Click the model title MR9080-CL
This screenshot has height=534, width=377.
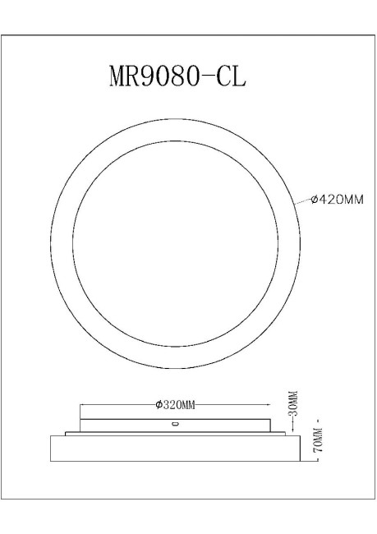177,76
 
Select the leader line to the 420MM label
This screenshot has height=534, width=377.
303,200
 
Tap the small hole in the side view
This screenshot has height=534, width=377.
174,425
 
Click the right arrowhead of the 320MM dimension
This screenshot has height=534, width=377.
271,404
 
